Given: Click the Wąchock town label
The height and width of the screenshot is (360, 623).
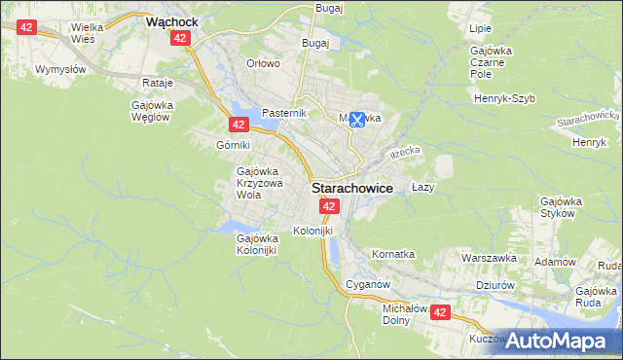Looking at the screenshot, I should [x=173, y=19].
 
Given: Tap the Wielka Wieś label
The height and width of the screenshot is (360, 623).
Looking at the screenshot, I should [x=94, y=34].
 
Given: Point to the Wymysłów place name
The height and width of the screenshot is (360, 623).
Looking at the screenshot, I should [x=61, y=69].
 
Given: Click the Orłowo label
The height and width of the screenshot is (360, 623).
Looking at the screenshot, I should [x=263, y=63].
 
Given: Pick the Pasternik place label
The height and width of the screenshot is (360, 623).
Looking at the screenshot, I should [x=284, y=113].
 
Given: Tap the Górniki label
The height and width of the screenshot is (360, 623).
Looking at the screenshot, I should [x=234, y=144].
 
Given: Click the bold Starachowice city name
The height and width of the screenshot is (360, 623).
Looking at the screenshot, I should [x=352, y=188].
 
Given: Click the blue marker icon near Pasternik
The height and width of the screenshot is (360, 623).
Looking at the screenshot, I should [x=357, y=120].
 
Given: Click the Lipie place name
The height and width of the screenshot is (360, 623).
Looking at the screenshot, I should [x=480, y=29].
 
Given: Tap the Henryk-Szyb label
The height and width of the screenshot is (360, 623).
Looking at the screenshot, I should [x=505, y=98].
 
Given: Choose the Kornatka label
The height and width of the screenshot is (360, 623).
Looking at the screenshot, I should [x=393, y=254].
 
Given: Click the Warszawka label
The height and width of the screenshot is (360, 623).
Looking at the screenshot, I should [x=488, y=259].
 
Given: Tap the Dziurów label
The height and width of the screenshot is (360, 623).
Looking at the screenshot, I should [x=495, y=285].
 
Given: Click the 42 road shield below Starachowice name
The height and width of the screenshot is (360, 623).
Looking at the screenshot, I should [x=329, y=206].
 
